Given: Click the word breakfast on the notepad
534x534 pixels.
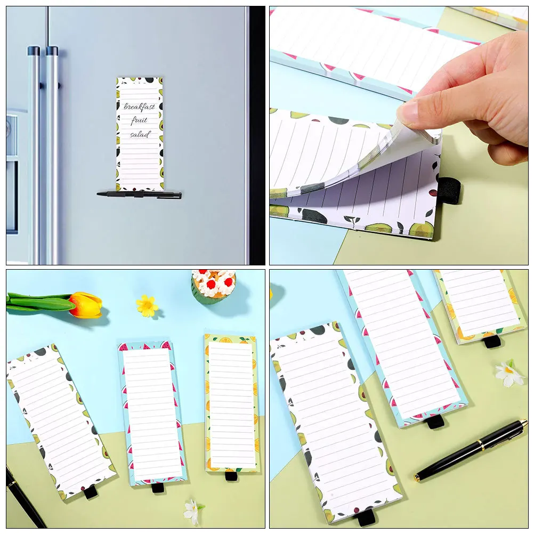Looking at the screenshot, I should (x=140, y=107).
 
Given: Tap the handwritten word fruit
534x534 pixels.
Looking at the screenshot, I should (x=140, y=120).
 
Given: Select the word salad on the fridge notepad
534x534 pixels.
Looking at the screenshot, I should (x=140, y=134).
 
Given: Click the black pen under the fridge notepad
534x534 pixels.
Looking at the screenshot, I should (x=140, y=195).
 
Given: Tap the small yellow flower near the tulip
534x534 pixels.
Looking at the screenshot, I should (x=147, y=305).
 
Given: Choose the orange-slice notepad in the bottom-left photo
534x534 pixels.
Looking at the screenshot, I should (x=231, y=405).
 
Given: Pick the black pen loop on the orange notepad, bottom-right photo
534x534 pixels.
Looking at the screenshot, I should (x=492, y=341).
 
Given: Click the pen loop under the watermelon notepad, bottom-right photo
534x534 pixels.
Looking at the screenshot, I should (x=435, y=422).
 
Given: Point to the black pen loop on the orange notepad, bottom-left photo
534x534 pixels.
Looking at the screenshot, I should (x=231, y=475).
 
